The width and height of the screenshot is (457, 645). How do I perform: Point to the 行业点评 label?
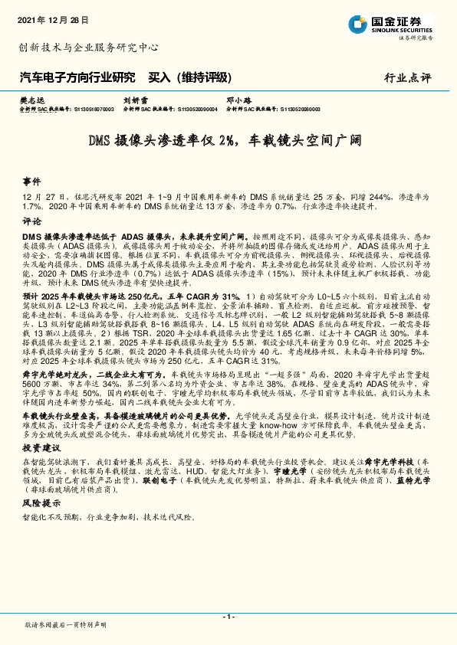(407, 77)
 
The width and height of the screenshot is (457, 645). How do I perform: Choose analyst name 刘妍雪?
(135, 100)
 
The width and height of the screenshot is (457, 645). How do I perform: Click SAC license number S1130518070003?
(91, 110)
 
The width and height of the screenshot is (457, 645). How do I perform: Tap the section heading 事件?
(31, 183)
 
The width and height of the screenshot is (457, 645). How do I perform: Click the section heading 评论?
(31, 219)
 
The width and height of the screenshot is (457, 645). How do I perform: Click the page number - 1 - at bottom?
(228, 617)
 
